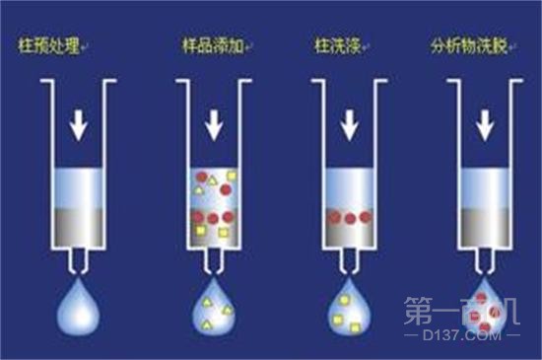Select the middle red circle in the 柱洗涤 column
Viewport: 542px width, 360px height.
coord(349,216)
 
